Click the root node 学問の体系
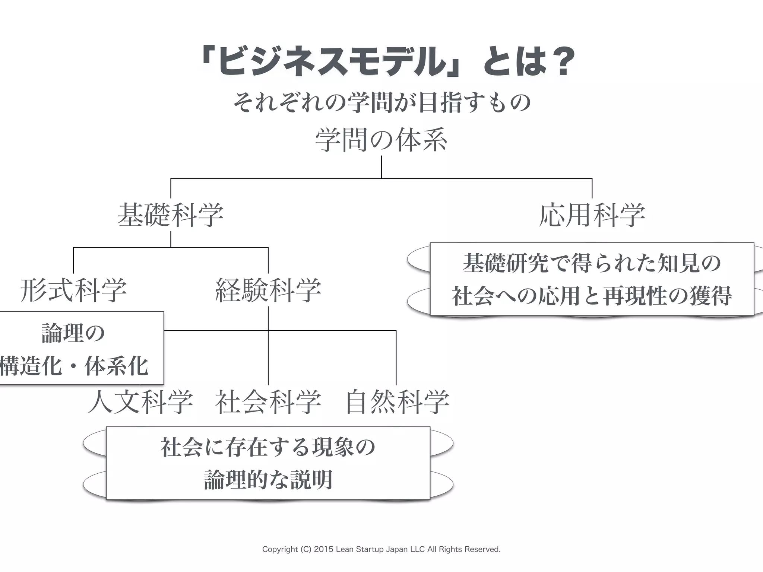pyautogui.click(x=381, y=140)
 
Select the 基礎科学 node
pyautogui.click(x=171, y=215)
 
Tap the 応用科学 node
pyautogui.click(x=592, y=215)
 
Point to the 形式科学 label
pyautogui.click(x=73, y=290)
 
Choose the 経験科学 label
pyautogui.click(x=268, y=290)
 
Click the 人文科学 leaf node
pyautogui.click(x=140, y=402)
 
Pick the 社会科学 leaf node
pyautogui.click(x=268, y=402)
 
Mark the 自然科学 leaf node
pyautogui.click(x=397, y=402)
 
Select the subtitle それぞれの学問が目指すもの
pyautogui.click(x=381, y=103)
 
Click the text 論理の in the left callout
pyautogui.click(x=73, y=333)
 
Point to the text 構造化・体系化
pyautogui.click(x=75, y=366)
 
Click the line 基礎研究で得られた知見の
pyautogui.click(x=592, y=263)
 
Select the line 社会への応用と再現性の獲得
pyautogui.click(x=592, y=296)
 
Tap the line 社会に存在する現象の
pyautogui.click(x=268, y=447)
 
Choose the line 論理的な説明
pyautogui.click(x=268, y=480)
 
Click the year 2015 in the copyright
pyautogui.click(x=324, y=549)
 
